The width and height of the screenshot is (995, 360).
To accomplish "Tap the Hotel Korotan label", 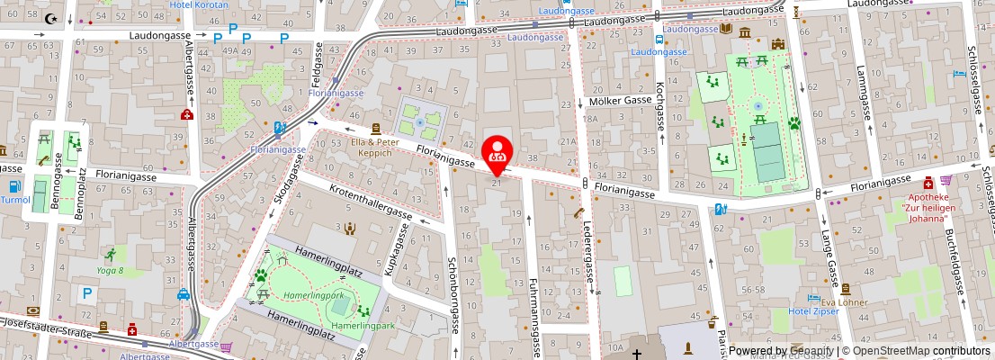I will point(199,4).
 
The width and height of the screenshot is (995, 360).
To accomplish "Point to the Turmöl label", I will point(13,200).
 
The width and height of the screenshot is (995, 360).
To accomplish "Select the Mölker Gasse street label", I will point(619,102).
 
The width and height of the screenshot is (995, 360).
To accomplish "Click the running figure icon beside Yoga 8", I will point(110,255).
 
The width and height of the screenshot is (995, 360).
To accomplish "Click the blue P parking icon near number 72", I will point(86,292).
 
